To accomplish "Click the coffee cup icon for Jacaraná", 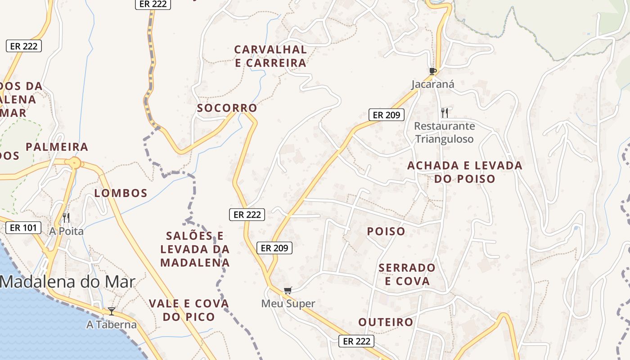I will [x=433, y=71].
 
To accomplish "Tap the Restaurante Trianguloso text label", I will [x=444, y=132].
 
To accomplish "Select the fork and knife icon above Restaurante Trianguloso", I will [x=445, y=112].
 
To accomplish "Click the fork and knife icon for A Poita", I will [x=66, y=218].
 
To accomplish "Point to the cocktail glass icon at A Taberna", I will [x=111, y=311].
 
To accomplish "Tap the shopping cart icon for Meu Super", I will [x=288, y=291].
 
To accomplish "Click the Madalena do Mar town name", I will [x=67, y=282].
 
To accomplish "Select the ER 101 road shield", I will [x=23, y=228].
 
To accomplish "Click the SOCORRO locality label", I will [x=227, y=108].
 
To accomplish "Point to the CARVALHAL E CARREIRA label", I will [x=270, y=56].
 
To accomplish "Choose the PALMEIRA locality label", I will [x=57, y=147].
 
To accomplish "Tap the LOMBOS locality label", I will [x=121, y=193].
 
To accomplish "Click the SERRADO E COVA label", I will [x=407, y=274].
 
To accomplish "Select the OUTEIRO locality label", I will [x=386, y=322].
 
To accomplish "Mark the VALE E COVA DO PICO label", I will [x=189, y=310].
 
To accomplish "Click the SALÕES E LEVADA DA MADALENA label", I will [x=195, y=249].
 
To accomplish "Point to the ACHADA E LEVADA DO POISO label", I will [x=465, y=172].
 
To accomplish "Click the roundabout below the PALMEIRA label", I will [x=75, y=163].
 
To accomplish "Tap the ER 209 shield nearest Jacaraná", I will [x=387, y=115].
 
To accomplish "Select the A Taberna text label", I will [x=112, y=324].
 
